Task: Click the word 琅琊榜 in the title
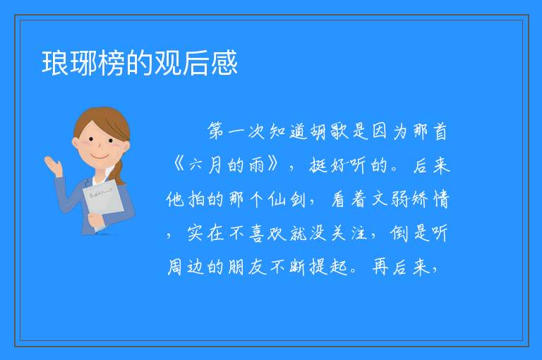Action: pyautogui.click(x=83, y=63)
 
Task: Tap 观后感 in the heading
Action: pyautogui.click(x=196, y=63)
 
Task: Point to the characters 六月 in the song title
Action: pyautogui.click(x=205, y=165)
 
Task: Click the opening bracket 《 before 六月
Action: pyautogui.click(x=178, y=165)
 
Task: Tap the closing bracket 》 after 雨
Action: pyautogui.click(x=273, y=165)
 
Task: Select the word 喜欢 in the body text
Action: pyautogui.click(x=266, y=234)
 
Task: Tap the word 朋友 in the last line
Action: pyautogui.click(x=247, y=268)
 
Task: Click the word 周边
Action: pyautogui.click(x=186, y=268)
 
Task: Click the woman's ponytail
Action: pyautogui.click(x=119, y=172)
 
